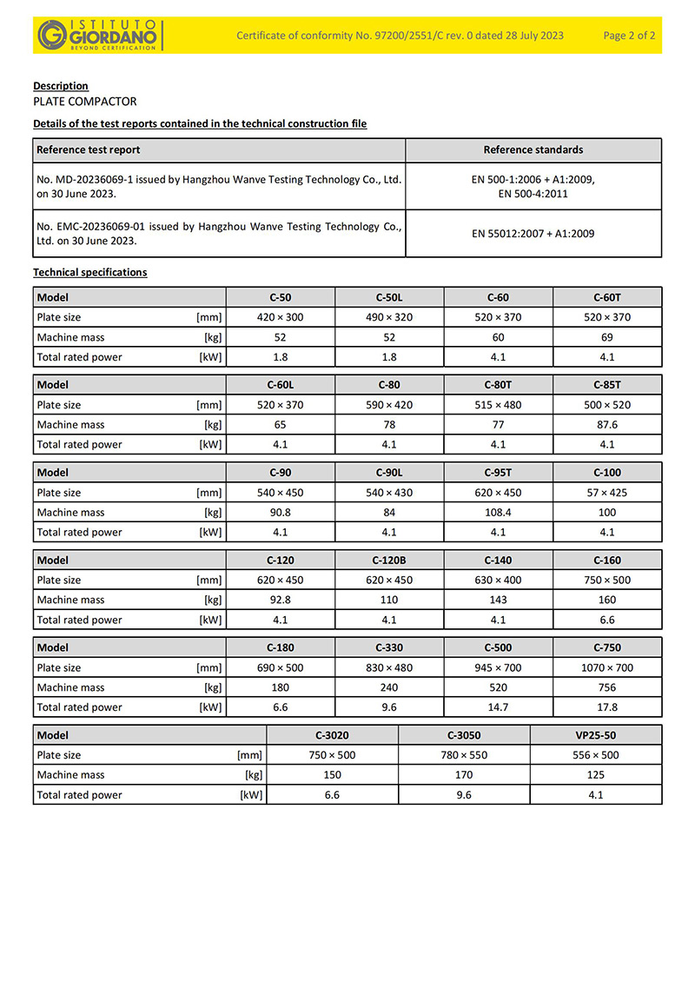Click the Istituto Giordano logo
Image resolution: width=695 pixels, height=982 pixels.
[97, 35]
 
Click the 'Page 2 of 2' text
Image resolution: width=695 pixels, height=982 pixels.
[629, 36]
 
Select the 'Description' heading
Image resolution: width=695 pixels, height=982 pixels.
[61, 86]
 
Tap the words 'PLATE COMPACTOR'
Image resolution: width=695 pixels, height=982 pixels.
[84, 102]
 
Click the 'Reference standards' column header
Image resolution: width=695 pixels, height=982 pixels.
[533, 150]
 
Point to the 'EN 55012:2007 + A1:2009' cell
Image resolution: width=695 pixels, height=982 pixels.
[533, 234]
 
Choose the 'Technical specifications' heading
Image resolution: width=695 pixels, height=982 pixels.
[90, 273]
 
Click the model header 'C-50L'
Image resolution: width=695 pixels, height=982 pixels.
[389, 297]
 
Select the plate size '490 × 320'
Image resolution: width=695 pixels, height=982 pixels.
[389, 317]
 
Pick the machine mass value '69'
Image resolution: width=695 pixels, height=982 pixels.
[607, 337]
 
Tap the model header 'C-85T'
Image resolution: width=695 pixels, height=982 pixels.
[607, 385]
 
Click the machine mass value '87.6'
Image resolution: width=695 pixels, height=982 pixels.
[607, 425]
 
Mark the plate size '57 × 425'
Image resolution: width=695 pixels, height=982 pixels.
[607, 493]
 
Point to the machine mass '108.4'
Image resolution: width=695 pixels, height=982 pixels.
[498, 513]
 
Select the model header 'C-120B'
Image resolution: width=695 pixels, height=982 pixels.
[389, 561]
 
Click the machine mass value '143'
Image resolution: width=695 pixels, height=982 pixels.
[498, 600]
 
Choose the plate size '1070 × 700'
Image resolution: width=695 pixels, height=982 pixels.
[607, 668]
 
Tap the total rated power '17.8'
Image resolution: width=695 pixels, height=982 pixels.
[607, 707]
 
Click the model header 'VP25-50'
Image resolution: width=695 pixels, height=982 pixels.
[596, 735]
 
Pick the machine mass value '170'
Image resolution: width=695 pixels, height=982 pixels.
[464, 775]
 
